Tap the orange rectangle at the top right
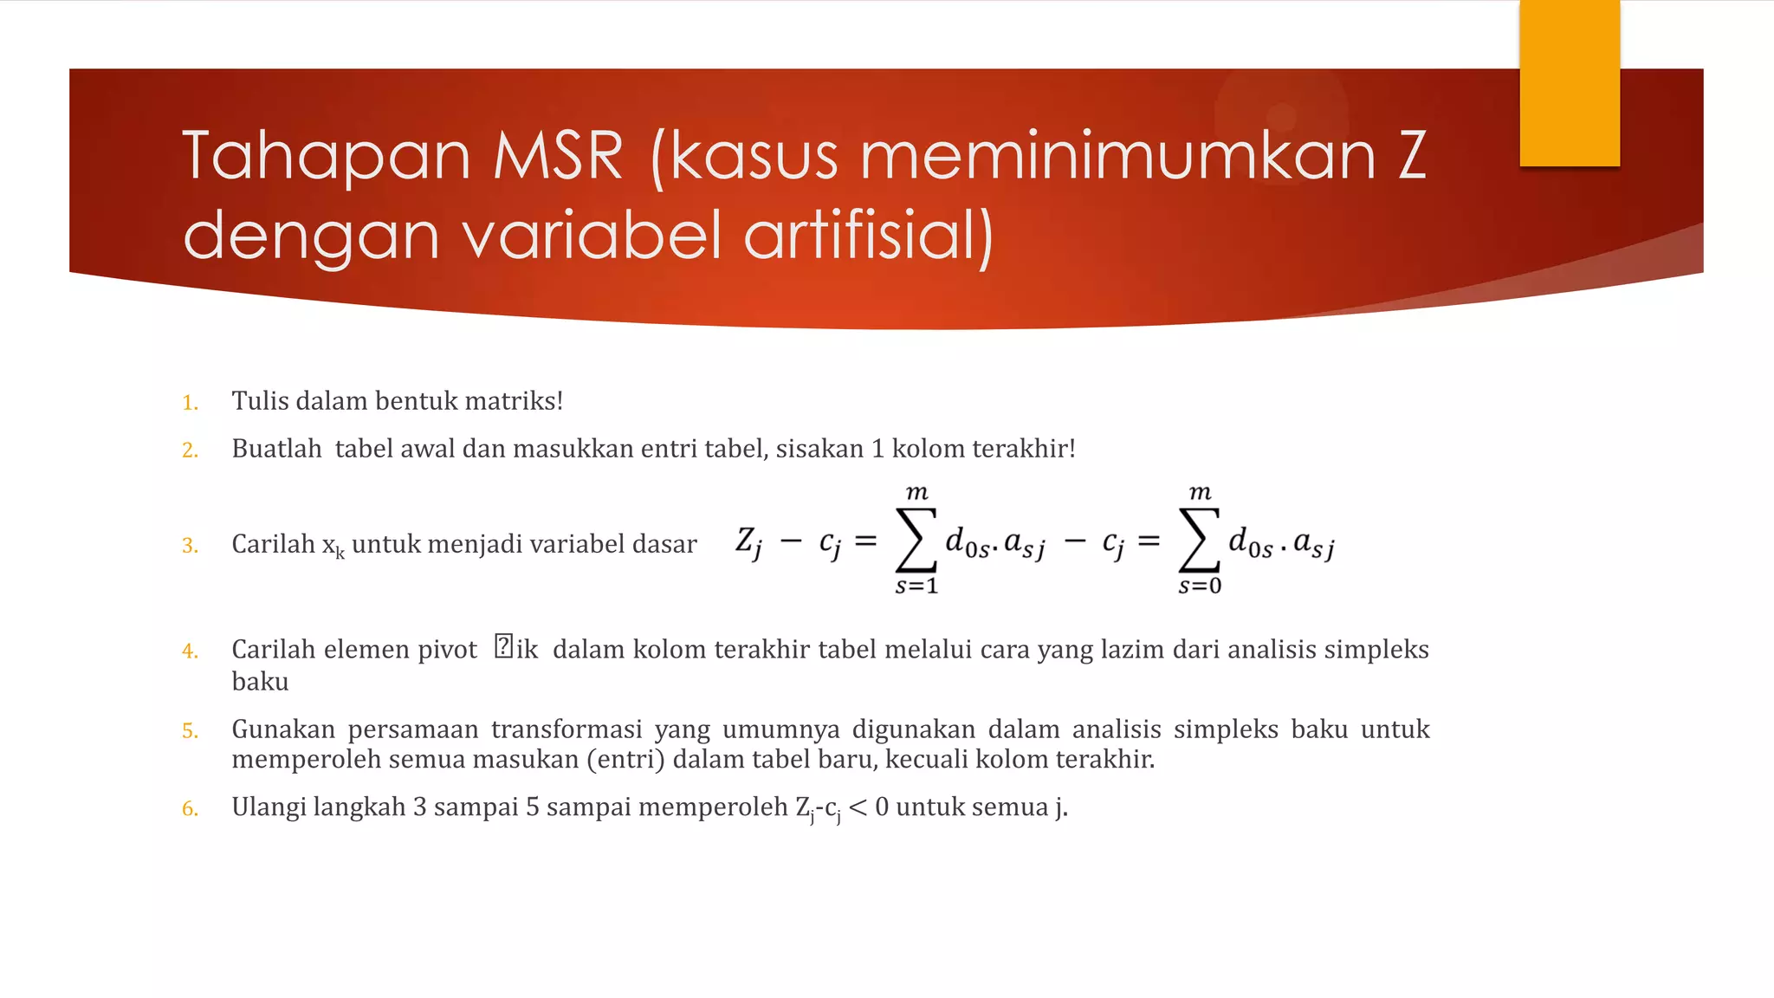(x=1569, y=83)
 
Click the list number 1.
(x=190, y=403)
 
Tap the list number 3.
(x=190, y=546)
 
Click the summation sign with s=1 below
(x=916, y=541)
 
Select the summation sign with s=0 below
(x=1200, y=541)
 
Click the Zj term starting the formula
(x=749, y=542)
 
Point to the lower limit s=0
(x=1200, y=586)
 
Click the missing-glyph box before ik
(x=503, y=646)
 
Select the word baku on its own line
(x=260, y=682)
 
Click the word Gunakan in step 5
(x=283, y=729)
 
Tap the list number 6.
(x=190, y=809)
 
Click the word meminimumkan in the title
(x=1117, y=156)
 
